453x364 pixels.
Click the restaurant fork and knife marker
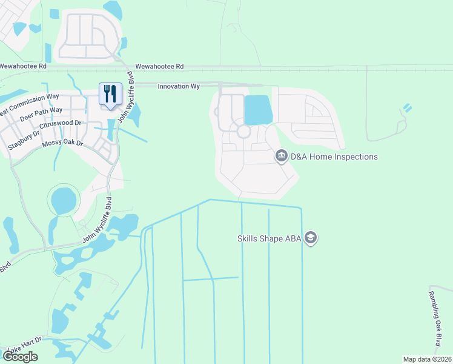pos(110,94)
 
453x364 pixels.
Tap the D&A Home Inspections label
pos(334,157)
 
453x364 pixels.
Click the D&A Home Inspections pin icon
pos(281,157)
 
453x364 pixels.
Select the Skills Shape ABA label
pos(269,238)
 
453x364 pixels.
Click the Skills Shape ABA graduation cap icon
pos(311,238)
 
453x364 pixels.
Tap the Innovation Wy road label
pos(179,87)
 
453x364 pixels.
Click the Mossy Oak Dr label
pos(62,144)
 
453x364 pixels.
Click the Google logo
pos(20,357)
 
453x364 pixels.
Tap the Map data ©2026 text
pos(427,359)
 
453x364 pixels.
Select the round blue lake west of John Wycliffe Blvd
pos(64,200)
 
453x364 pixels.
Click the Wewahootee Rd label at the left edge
pos(23,66)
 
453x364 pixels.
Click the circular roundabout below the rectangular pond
pos(243,132)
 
